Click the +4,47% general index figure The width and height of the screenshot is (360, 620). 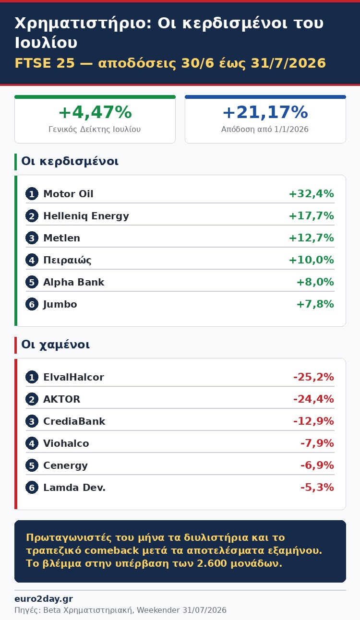tap(95, 112)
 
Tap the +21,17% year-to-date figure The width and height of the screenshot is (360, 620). tap(265, 112)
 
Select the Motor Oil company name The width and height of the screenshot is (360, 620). tap(68, 194)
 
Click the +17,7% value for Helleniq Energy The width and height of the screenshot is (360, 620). tap(311, 215)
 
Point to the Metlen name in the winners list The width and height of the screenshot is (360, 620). tap(62, 238)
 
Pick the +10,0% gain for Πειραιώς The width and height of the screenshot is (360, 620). tap(311, 260)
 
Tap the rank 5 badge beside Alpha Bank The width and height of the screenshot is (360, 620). tap(32, 282)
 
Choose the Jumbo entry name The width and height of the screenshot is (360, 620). tap(60, 304)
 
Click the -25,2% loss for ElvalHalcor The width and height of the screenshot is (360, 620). tap(313, 377)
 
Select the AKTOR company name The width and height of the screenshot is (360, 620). tap(62, 399)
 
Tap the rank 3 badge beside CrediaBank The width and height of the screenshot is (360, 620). tap(32, 421)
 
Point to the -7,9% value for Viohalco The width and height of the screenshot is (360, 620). tap(317, 443)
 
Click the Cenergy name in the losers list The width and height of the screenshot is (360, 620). tap(65, 465)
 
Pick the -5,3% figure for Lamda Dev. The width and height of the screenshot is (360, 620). tap(317, 488)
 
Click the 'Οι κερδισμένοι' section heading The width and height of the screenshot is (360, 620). tap(70, 161)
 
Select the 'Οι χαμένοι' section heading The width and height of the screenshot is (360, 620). tap(55, 345)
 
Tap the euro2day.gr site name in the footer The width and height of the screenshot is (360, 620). tap(44, 599)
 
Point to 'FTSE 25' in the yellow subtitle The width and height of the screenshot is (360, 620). tap(45, 63)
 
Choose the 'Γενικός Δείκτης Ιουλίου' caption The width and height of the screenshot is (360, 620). tap(95, 129)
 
